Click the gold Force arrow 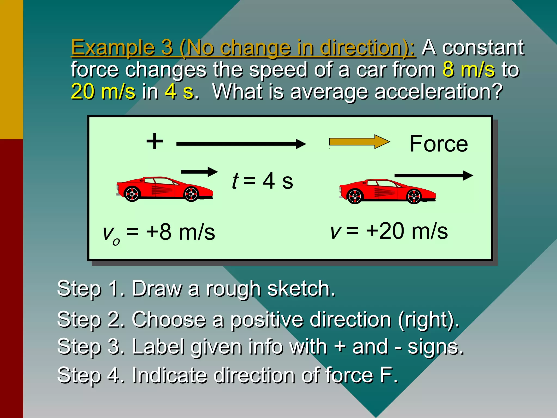[x=359, y=142]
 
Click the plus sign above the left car [x=154, y=141]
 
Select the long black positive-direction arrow [x=241, y=144]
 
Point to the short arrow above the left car [x=199, y=172]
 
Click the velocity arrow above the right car [x=434, y=176]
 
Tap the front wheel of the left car [x=191, y=194]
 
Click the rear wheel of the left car [x=132, y=194]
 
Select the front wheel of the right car [x=414, y=196]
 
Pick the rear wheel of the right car [x=355, y=196]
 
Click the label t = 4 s [x=262, y=181]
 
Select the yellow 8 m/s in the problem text [x=468, y=69]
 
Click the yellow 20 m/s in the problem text [x=103, y=91]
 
